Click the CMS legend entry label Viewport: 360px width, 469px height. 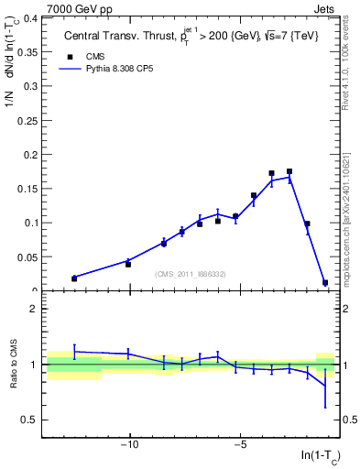coord(93,57)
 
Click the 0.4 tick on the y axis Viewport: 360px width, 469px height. coord(29,17)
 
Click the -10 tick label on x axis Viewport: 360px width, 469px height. coord(129,447)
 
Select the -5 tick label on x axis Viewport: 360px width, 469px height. coord(239,447)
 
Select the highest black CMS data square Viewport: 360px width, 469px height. coord(289,171)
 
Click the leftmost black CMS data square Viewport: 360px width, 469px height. coord(74,278)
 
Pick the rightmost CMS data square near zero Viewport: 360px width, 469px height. coord(325,283)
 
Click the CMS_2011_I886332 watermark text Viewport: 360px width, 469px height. coord(190,274)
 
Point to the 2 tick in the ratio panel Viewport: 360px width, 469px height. coord(35,309)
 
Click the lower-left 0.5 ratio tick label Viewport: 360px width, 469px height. coord(29,420)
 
